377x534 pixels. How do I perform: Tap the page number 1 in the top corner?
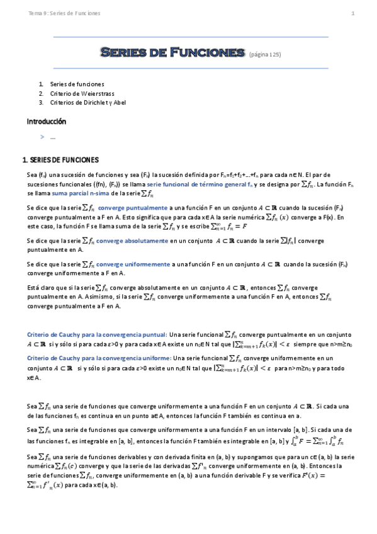(352, 13)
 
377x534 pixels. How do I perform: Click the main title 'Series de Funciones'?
(172, 53)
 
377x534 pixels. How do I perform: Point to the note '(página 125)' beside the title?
(265, 55)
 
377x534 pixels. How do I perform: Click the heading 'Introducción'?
(46, 121)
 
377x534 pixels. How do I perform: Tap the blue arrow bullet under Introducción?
(42, 137)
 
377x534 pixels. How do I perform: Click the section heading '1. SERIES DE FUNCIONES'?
(60, 159)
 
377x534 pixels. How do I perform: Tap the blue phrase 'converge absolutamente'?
(132, 241)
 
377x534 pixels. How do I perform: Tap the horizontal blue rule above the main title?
(191, 37)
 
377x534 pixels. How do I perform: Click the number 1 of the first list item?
(41, 84)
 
